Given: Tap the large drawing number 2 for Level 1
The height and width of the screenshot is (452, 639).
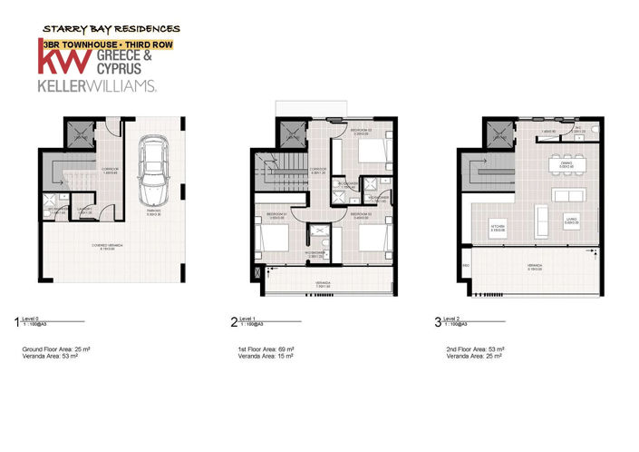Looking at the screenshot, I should point(234,321).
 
